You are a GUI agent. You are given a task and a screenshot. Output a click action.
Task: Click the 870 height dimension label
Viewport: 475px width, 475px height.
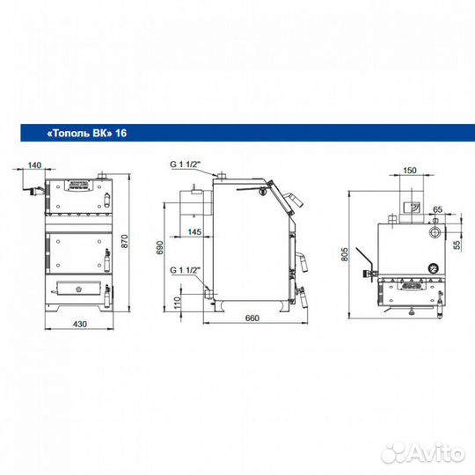coord(125,241)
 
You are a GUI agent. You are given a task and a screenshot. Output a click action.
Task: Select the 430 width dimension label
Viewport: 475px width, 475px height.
coord(80,324)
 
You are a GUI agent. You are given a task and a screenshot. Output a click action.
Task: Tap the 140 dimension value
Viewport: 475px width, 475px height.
coord(34,165)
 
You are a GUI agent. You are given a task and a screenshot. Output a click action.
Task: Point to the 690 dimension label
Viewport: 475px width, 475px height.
coord(159,247)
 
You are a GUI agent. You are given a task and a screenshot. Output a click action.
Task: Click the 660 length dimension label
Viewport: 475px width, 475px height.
coord(252,318)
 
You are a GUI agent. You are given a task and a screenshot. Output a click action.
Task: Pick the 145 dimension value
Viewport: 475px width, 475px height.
coord(194,231)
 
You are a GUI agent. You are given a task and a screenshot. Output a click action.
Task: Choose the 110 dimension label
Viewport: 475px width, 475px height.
coord(177,303)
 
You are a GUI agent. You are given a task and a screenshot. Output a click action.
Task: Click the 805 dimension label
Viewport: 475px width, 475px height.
coord(345,254)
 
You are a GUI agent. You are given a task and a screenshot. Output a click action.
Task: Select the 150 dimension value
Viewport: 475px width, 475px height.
coord(410,171)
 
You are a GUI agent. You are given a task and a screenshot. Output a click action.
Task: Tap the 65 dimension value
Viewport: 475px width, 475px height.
coord(437,209)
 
